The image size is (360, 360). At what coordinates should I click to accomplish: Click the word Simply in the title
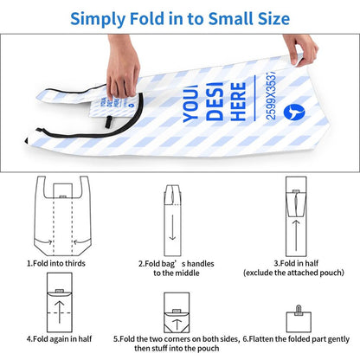point(98,19)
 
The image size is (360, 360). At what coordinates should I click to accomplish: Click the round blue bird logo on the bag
point(294,112)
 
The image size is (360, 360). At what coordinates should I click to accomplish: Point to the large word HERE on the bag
point(238,101)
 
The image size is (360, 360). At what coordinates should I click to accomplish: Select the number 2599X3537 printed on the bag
point(271,95)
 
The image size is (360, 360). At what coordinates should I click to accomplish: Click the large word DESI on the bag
point(215,101)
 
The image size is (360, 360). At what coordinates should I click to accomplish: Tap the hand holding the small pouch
point(122,67)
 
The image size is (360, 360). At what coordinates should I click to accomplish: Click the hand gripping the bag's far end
point(300,50)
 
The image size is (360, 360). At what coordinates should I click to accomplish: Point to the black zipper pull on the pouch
point(108,122)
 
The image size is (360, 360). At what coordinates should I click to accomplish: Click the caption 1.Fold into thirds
point(56,263)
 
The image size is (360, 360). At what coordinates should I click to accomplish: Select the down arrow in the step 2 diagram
point(172,228)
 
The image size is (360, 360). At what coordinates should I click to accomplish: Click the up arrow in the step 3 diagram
point(296,235)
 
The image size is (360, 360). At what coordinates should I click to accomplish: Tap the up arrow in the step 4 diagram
point(60,312)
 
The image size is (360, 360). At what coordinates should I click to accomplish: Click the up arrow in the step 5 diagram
point(177,325)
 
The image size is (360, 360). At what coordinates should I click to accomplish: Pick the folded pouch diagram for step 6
point(299,319)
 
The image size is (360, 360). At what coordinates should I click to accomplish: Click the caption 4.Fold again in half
point(59,339)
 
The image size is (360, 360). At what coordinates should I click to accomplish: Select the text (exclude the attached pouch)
point(293,273)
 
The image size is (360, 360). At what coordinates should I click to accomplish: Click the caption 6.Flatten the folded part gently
point(296,339)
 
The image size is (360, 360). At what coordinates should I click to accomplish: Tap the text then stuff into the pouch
point(177,349)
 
